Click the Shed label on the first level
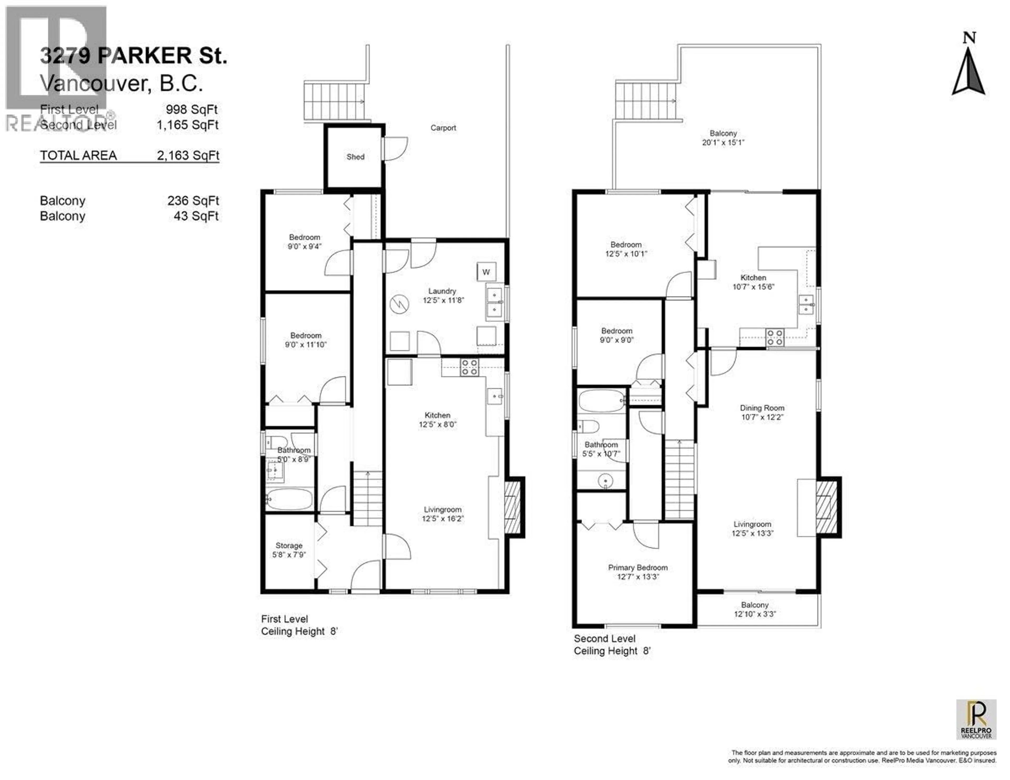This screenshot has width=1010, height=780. pyautogui.click(x=355, y=157)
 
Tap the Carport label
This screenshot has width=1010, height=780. pyautogui.click(x=443, y=128)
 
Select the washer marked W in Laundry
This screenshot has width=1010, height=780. pyautogui.click(x=486, y=272)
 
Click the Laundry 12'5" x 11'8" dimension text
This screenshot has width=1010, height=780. pyautogui.click(x=443, y=300)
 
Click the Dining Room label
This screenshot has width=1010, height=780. pyautogui.click(x=762, y=408)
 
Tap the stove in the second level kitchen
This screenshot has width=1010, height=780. pyautogui.click(x=775, y=337)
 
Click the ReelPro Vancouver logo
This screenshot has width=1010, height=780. pyautogui.click(x=976, y=720)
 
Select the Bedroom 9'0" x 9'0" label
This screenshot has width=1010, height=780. pyautogui.click(x=617, y=335)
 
